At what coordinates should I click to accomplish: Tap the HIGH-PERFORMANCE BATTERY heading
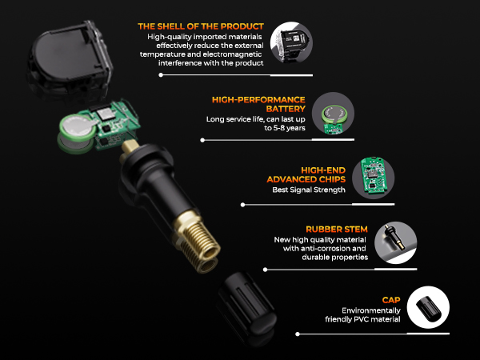pyautogui.click(x=259, y=100)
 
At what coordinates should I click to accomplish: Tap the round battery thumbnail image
pyautogui.click(x=331, y=112)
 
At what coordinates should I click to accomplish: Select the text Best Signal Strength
pyautogui.click(x=309, y=190)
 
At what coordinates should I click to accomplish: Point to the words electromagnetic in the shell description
pyautogui.click(x=234, y=55)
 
